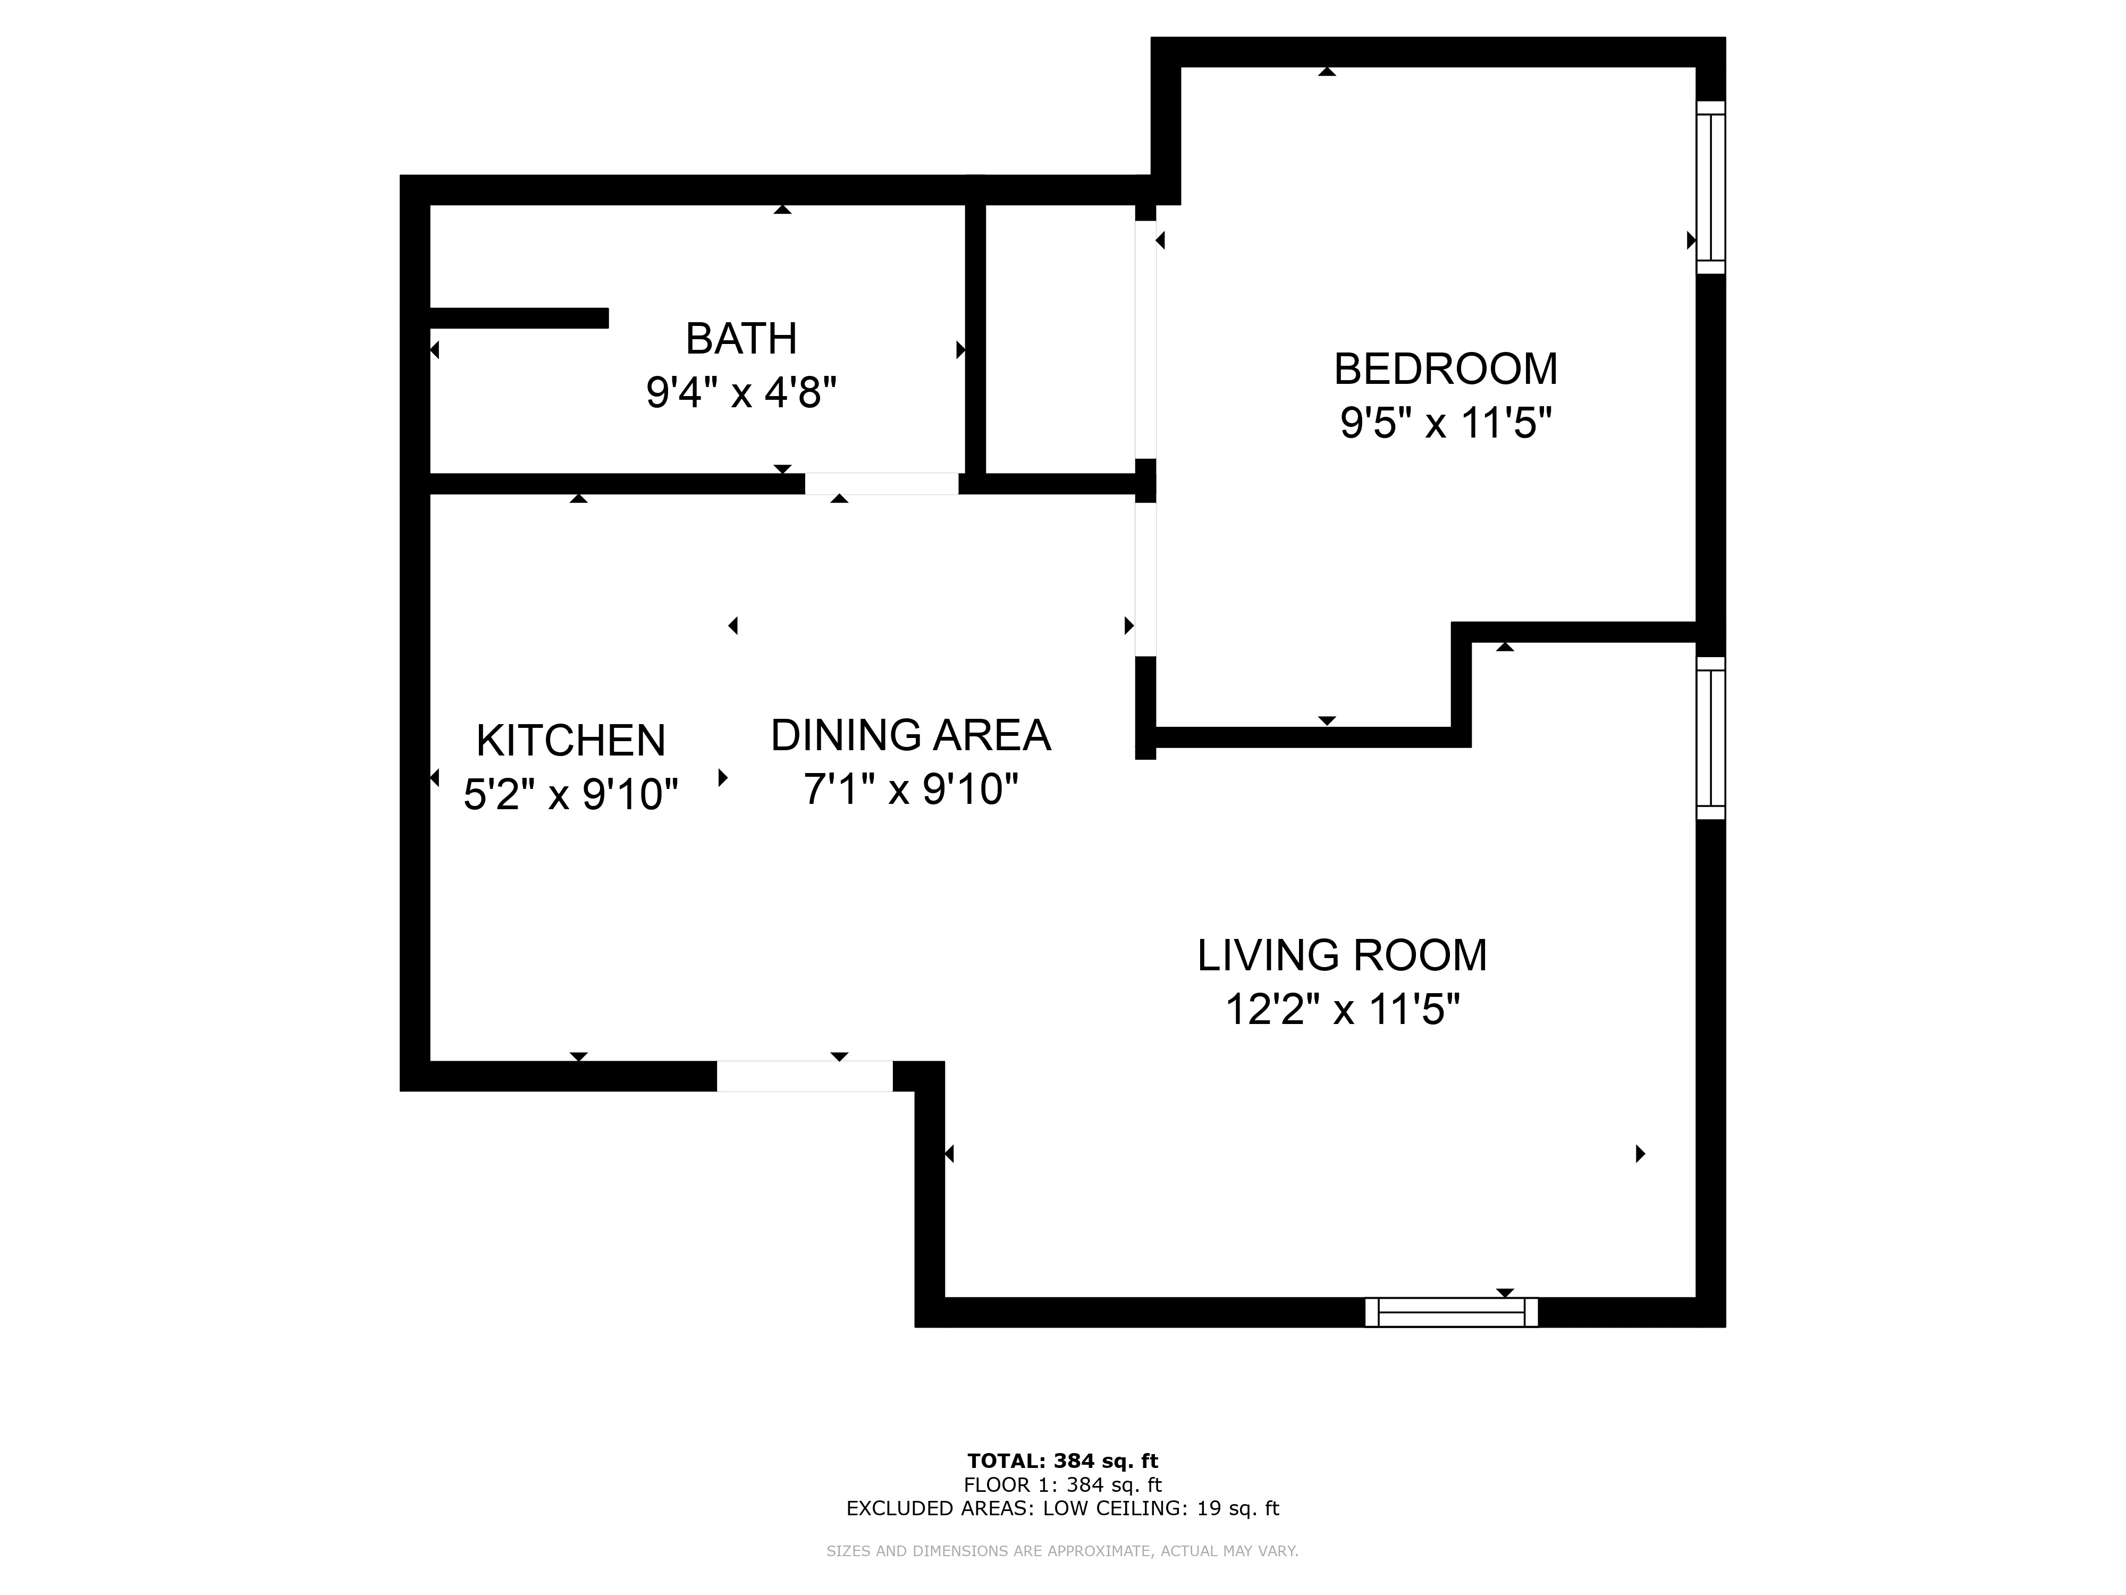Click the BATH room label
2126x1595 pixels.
[x=741, y=339]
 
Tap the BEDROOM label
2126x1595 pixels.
[x=1446, y=369]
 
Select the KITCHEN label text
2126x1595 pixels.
[x=571, y=740]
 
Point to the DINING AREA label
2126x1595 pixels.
[x=910, y=735]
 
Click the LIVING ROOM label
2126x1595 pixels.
[x=1342, y=955]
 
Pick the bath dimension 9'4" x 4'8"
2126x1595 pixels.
[x=741, y=392]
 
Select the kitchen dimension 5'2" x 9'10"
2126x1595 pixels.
[x=571, y=794]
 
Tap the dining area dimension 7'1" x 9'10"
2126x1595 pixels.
[x=910, y=790]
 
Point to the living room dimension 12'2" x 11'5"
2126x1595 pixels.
[x=1342, y=1010]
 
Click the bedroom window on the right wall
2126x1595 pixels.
[x=1711, y=188]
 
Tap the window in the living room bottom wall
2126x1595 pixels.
[x=1452, y=1312]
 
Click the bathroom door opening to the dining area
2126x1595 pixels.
[x=881, y=484]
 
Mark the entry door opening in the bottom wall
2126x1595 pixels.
[x=805, y=1076]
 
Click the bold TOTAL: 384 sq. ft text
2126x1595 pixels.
[x=1063, y=1462]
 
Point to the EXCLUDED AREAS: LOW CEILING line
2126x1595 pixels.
[x=1063, y=1508]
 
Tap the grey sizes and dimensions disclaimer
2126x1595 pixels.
[x=1063, y=1551]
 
